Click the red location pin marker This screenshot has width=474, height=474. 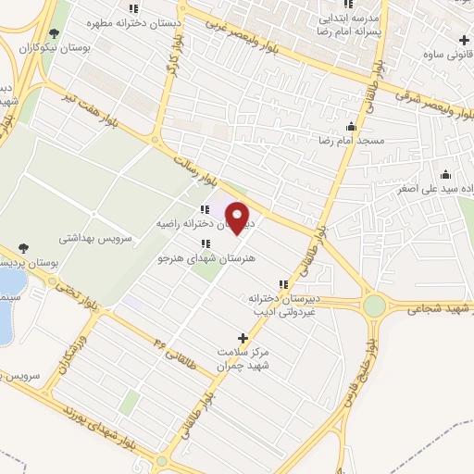pyautogui.click(x=239, y=218)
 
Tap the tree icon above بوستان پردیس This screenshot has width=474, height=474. pyautogui.click(x=22, y=248)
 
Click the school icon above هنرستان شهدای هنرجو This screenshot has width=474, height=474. pyautogui.click(x=205, y=243)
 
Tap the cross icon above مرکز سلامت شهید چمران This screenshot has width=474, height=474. pyautogui.click(x=243, y=339)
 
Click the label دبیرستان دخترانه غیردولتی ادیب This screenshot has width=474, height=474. pyautogui.click(x=277, y=306)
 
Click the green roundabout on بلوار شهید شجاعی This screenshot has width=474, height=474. pyautogui.click(x=374, y=306)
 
